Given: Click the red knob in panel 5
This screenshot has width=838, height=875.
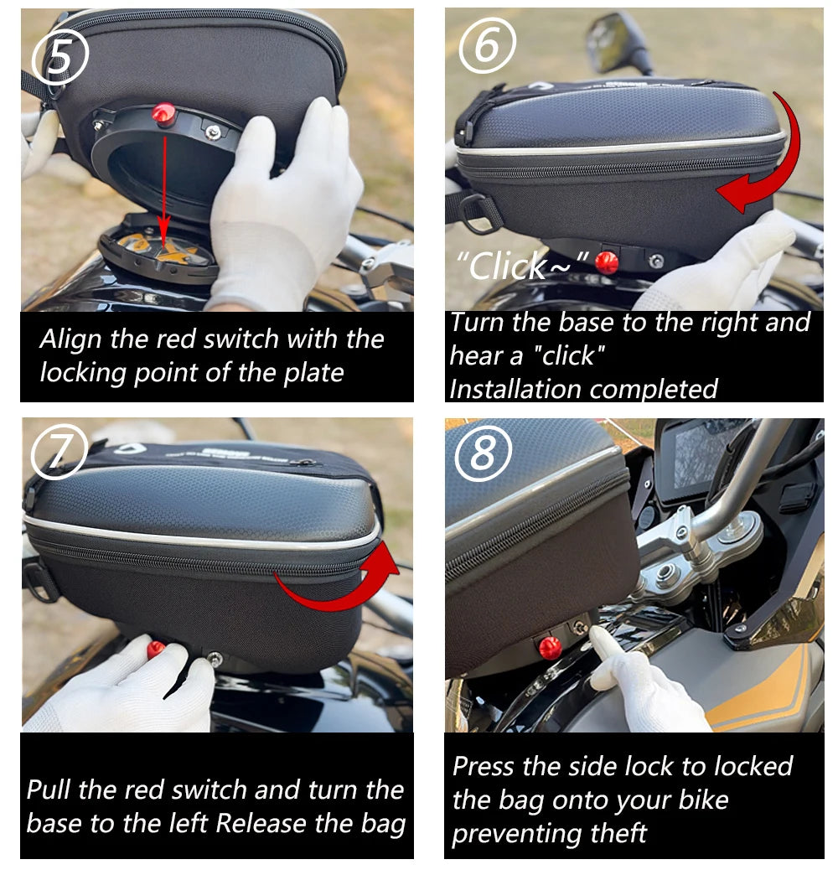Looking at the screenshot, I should [x=164, y=114].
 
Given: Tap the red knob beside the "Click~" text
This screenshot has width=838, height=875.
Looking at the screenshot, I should [x=606, y=262].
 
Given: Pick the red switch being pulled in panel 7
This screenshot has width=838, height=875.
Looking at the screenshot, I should [x=157, y=650].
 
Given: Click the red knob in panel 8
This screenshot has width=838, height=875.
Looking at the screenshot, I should [x=550, y=646].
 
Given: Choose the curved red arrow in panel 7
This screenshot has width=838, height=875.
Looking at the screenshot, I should [x=344, y=578].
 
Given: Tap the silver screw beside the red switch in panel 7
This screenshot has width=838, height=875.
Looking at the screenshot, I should [x=215, y=660].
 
